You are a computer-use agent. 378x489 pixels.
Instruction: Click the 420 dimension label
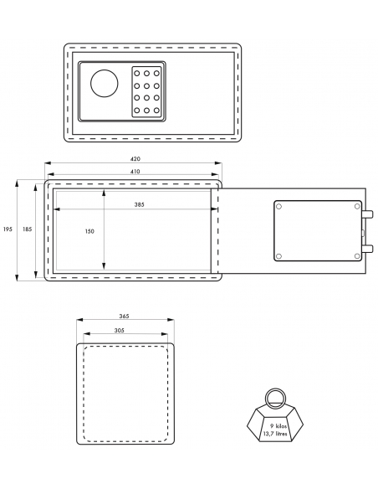[135, 159]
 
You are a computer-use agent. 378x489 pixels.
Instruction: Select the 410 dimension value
[135, 171]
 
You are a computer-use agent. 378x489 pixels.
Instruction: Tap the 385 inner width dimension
[139, 204]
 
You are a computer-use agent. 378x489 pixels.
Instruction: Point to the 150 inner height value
[89, 231]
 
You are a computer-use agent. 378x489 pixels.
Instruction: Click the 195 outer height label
[8, 229]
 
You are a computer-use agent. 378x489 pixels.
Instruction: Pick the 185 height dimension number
[27, 229]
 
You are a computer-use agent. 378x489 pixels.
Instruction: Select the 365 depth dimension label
[124, 316]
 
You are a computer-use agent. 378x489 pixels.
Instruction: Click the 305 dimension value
[120, 330]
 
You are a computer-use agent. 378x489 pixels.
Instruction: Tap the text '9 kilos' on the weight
[278, 425]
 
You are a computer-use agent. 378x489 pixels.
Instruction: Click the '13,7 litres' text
[275, 434]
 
